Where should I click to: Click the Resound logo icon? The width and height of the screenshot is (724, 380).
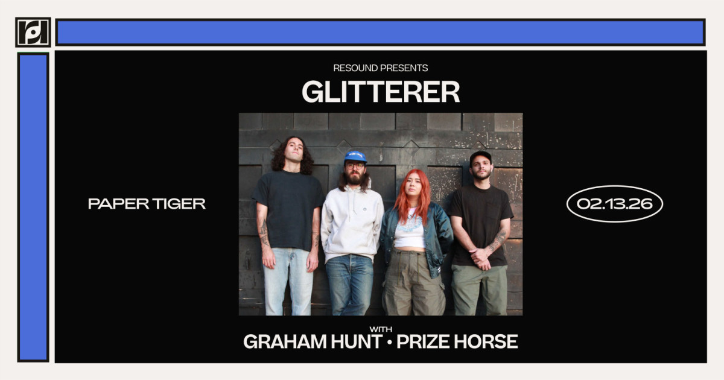[x=33, y=33]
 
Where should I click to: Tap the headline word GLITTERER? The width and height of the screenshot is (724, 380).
[x=381, y=92]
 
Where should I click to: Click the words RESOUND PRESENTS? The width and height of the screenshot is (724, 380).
[x=381, y=68]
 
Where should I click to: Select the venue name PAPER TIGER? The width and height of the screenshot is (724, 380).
[x=147, y=204]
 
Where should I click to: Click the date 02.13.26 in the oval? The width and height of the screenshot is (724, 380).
[x=614, y=204]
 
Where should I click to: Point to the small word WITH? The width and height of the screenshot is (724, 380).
[x=381, y=329]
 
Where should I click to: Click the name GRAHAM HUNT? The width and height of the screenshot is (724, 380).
[x=313, y=342]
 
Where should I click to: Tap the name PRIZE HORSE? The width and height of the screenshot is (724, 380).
[x=457, y=342]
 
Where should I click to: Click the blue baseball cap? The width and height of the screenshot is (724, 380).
[x=355, y=156]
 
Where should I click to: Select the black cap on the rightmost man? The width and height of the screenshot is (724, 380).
[x=481, y=157]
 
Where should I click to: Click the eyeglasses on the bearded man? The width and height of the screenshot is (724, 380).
[x=355, y=166]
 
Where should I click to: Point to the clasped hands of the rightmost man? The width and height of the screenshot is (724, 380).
[x=480, y=258]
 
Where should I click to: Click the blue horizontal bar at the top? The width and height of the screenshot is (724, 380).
[x=381, y=33]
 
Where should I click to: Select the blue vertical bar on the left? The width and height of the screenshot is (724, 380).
[x=33, y=207]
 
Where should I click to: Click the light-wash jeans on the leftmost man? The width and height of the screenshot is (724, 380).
[x=287, y=282]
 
